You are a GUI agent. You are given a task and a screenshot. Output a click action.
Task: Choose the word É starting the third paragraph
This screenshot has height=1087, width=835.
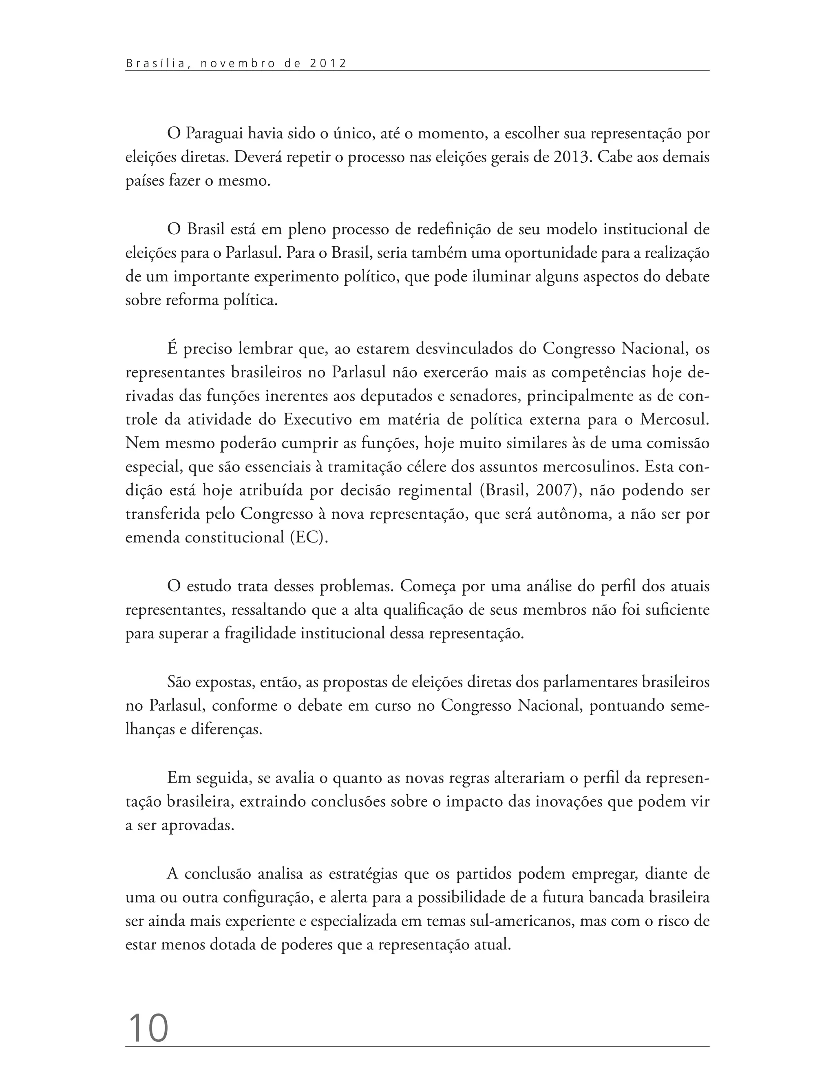[x=172, y=348]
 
